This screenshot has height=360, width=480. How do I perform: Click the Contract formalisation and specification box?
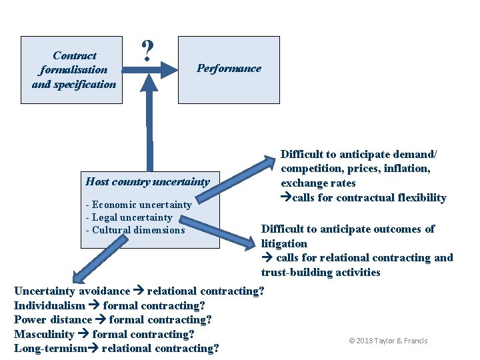point(73,69)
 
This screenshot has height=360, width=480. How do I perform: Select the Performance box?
point(229,69)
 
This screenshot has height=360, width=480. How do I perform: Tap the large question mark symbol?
point(148,50)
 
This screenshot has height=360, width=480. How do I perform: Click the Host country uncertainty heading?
point(147,181)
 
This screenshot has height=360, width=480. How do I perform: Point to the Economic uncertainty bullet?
point(138,205)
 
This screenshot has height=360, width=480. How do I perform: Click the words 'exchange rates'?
point(318,183)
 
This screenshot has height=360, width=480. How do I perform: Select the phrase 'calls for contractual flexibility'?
point(367,197)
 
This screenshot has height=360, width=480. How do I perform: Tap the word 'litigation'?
point(284,243)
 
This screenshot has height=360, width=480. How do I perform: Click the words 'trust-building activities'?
point(321,272)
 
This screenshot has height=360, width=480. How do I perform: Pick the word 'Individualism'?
point(49,305)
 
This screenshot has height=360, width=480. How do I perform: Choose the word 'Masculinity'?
point(44,334)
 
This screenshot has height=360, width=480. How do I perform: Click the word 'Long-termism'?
point(50,349)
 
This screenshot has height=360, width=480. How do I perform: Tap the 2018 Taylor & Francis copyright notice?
point(388,341)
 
